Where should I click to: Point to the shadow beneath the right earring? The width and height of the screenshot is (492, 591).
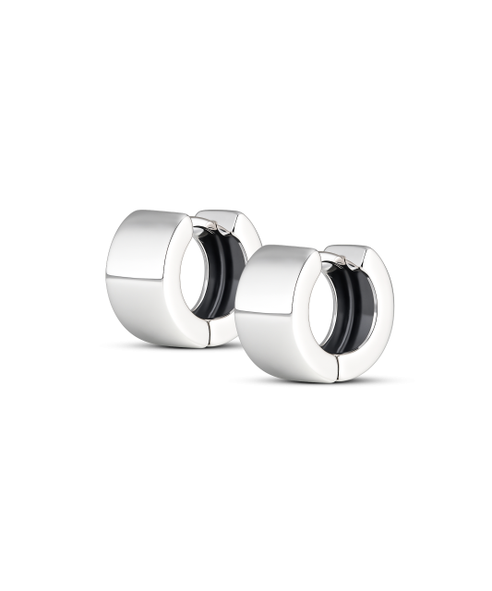pos(277,380)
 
